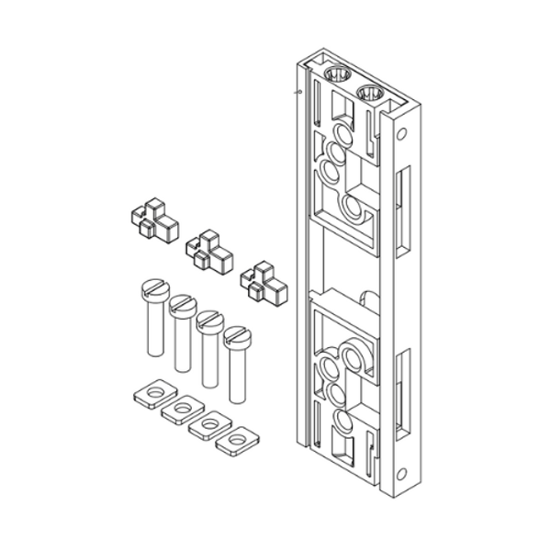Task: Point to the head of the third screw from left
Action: [x=210, y=320]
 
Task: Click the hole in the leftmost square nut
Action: [x=151, y=395]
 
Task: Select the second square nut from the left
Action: [x=182, y=410]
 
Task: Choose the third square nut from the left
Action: [x=209, y=425]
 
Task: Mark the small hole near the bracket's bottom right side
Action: [x=401, y=474]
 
